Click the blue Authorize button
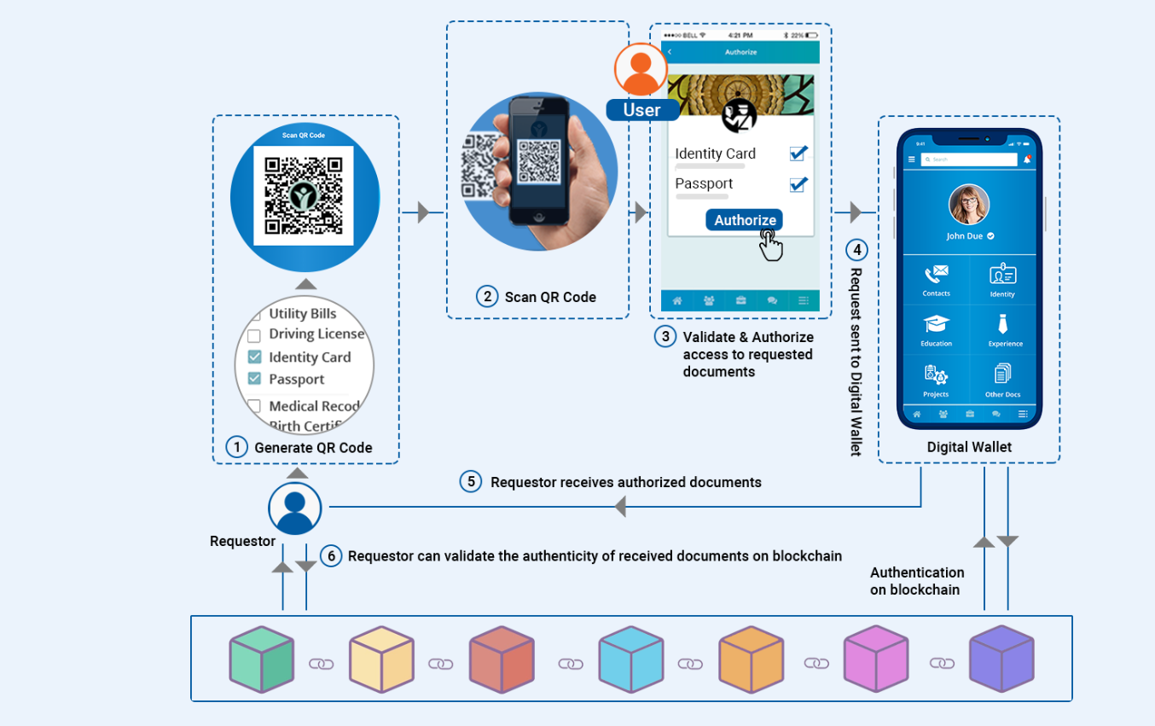pos(745,220)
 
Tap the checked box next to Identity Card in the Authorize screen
pos(798,154)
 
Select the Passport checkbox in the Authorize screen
pos(798,183)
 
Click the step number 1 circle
pos(236,447)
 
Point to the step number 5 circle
pos(471,482)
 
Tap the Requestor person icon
pos(294,508)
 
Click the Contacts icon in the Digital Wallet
pos(936,275)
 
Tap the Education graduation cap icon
pos(936,325)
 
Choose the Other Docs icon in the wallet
pos(1002,375)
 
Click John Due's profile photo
pos(969,205)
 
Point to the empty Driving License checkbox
pos(254,335)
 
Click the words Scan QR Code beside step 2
pos(550,297)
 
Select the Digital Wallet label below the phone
pos(969,447)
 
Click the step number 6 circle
pos(331,556)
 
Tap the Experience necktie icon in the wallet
pos(1003,324)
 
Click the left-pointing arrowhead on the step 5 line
pos(620,508)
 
